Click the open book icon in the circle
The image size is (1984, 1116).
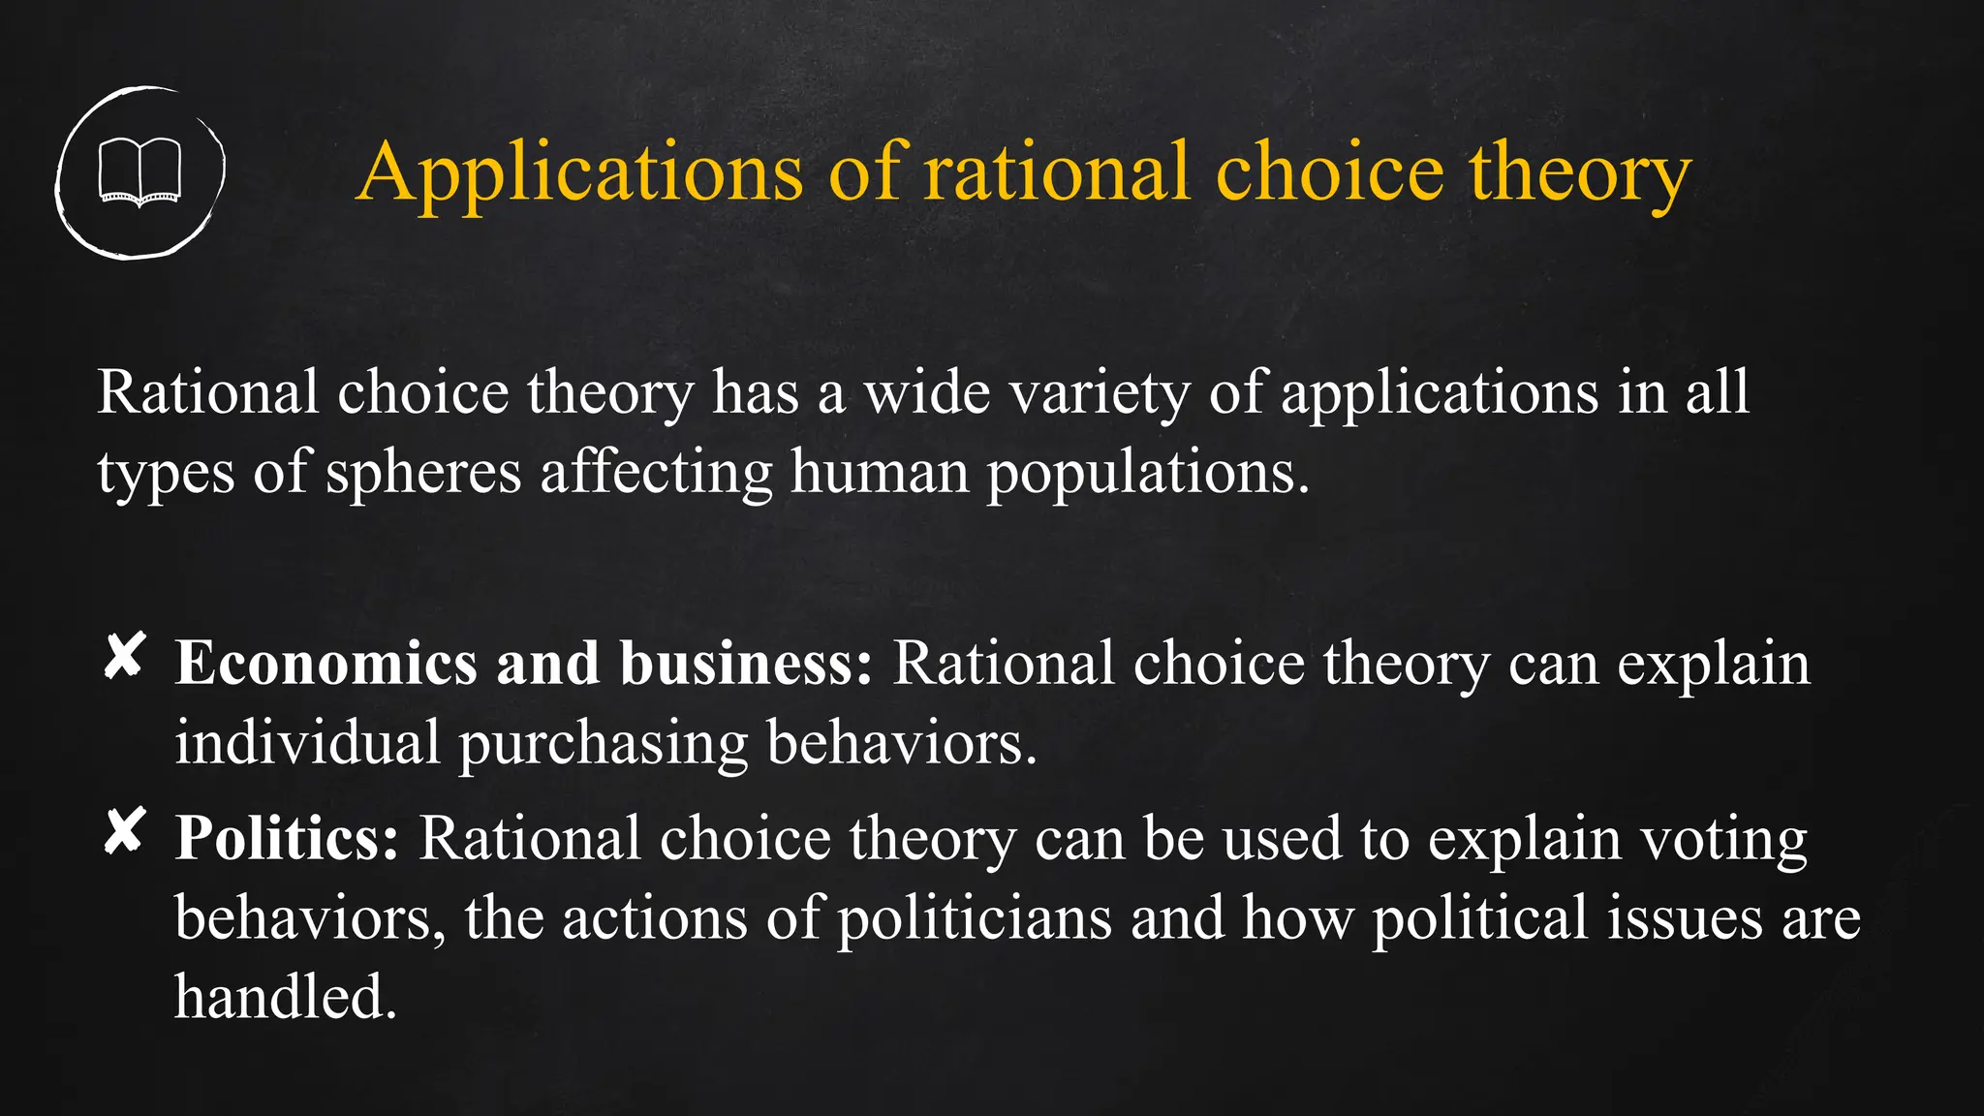(140, 172)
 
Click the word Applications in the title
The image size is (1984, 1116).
(579, 172)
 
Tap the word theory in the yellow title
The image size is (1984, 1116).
(1579, 172)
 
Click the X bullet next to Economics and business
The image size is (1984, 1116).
(125, 657)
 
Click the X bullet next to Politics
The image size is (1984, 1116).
(125, 831)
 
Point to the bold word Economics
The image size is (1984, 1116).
(326, 665)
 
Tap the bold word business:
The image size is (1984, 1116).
(746, 665)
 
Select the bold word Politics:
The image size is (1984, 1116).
(287, 839)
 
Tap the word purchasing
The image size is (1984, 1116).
(603, 744)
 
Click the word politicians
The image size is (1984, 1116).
(974, 918)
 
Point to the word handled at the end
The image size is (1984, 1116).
(285, 998)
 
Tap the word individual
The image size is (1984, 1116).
(307, 744)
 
